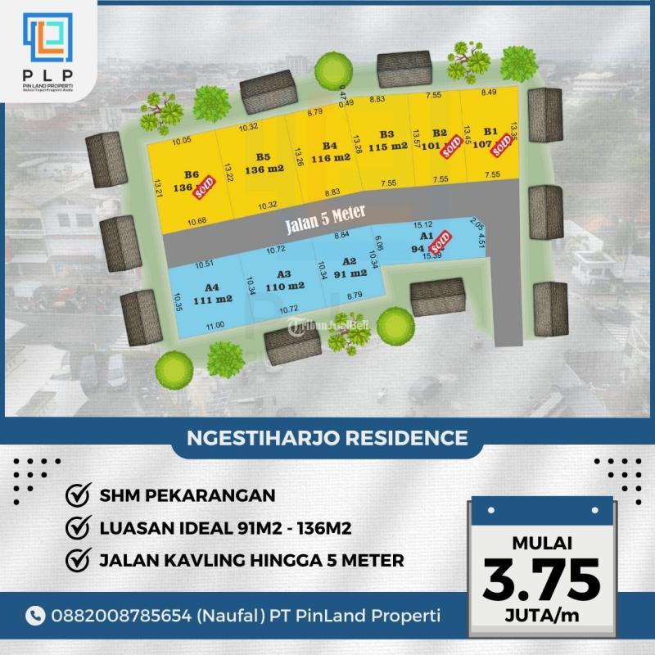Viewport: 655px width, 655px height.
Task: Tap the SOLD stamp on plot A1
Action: (440, 244)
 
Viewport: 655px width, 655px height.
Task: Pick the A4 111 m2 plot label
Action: (213, 293)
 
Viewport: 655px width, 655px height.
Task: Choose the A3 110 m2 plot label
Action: (284, 280)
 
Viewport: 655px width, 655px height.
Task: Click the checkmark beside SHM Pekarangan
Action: (77, 495)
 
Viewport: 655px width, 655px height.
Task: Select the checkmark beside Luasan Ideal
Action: (77, 528)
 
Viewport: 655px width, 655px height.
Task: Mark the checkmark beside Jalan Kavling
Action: (77, 561)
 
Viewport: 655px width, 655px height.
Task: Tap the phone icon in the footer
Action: (36, 614)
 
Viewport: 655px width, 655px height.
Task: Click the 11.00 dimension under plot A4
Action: (215, 326)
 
